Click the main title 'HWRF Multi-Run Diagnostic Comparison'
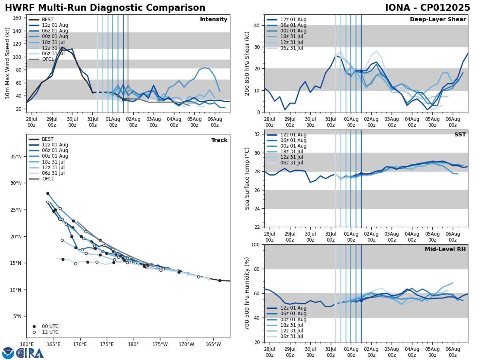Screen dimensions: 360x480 (105, 8)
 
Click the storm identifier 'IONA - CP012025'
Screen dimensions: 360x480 (427, 8)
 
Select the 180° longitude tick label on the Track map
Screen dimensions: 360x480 (133, 344)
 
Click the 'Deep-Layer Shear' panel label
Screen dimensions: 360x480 (438, 20)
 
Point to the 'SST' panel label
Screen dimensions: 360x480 (460, 135)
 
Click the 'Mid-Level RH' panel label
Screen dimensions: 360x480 (445, 250)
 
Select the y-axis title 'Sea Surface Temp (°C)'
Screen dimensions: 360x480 (248, 178)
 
